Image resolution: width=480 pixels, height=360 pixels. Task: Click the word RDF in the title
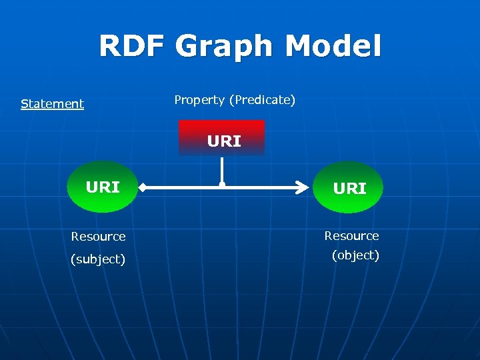[x=133, y=47]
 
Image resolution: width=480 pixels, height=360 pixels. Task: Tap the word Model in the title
[x=333, y=47]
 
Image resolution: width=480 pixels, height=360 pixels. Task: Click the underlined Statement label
[x=52, y=104]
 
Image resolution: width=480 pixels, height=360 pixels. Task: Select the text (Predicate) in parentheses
[x=262, y=100]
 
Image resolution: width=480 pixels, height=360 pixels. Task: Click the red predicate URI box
[x=222, y=137]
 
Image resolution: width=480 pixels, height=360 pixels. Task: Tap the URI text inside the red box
[x=224, y=141]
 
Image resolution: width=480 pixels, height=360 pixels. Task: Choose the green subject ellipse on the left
[x=103, y=187]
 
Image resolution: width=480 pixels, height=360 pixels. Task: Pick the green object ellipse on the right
[x=348, y=187]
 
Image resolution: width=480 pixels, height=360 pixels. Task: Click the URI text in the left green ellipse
[x=103, y=187]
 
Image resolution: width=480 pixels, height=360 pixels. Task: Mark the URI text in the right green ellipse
[x=350, y=189]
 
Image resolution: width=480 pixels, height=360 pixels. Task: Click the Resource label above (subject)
[x=98, y=237]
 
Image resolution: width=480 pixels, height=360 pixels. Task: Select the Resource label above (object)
[x=351, y=236]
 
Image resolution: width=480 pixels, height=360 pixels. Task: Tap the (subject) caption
[x=98, y=259]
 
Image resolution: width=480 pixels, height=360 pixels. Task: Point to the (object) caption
[x=355, y=255]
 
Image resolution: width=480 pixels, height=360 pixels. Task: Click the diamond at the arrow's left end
[x=142, y=189]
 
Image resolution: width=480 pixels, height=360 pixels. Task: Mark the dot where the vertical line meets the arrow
[x=223, y=185]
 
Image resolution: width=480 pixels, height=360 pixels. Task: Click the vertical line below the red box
[x=223, y=170]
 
